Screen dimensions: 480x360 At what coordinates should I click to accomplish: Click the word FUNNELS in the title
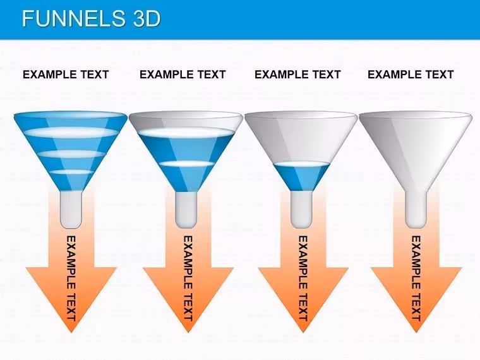pyautogui.click(x=73, y=18)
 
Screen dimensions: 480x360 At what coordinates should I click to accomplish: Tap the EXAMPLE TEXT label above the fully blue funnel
pyautogui.click(x=66, y=75)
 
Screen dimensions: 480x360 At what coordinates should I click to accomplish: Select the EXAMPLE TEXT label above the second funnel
pyautogui.click(x=183, y=75)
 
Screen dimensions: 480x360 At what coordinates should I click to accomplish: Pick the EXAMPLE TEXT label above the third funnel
pyautogui.click(x=297, y=75)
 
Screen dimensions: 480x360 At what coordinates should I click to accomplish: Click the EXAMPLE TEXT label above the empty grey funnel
pyautogui.click(x=411, y=75)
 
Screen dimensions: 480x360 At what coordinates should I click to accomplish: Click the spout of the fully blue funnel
pyautogui.click(x=71, y=210)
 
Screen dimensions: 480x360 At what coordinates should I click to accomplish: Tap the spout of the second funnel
pyautogui.click(x=186, y=210)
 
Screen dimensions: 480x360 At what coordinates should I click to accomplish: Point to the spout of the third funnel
pyautogui.click(x=301, y=210)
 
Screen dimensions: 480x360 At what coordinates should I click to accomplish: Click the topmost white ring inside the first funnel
pyautogui.click(x=70, y=133)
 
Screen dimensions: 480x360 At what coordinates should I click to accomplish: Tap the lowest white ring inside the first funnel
pyautogui.click(x=71, y=172)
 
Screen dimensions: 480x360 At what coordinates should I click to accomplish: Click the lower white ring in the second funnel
pyautogui.click(x=186, y=164)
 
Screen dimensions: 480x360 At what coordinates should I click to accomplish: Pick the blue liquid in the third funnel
pyautogui.click(x=301, y=177)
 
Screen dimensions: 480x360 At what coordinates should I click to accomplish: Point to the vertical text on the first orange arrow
pyautogui.click(x=71, y=278)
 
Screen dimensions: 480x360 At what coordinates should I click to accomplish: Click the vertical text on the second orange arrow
pyautogui.click(x=188, y=278)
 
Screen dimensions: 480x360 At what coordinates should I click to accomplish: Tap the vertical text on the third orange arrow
pyautogui.click(x=303, y=278)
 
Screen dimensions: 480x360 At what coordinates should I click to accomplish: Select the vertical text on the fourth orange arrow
pyautogui.click(x=416, y=278)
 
